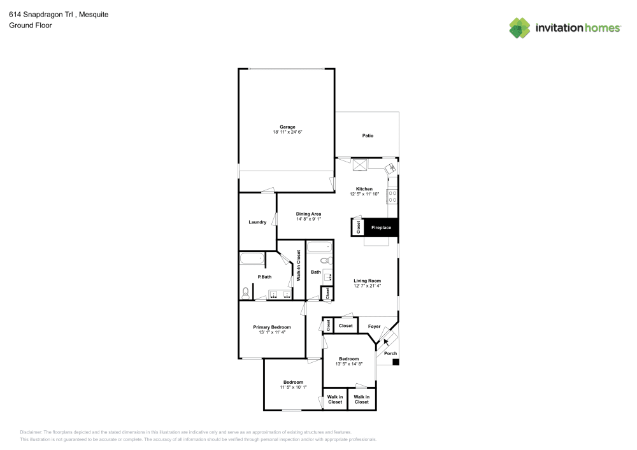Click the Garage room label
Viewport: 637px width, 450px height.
point(287,127)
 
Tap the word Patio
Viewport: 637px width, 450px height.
point(368,136)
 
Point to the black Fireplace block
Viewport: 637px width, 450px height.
point(381,227)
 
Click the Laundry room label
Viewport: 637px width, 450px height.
point(257,222)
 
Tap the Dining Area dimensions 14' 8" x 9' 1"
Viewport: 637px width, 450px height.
point(308,219)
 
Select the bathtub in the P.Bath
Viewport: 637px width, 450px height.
point(252,258)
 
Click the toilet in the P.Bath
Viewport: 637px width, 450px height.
point(246,293)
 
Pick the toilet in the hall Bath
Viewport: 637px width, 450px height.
point(324,260)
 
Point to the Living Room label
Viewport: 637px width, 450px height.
point(368,281)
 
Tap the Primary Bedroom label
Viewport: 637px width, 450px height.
point(272,327)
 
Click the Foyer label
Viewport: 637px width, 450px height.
point(375,327)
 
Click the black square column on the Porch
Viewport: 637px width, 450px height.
point(396,362)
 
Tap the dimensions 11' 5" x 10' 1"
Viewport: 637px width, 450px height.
point(293,387)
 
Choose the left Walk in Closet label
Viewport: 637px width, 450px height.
point(335,399)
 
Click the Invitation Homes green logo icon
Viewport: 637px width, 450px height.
point(520,27)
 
